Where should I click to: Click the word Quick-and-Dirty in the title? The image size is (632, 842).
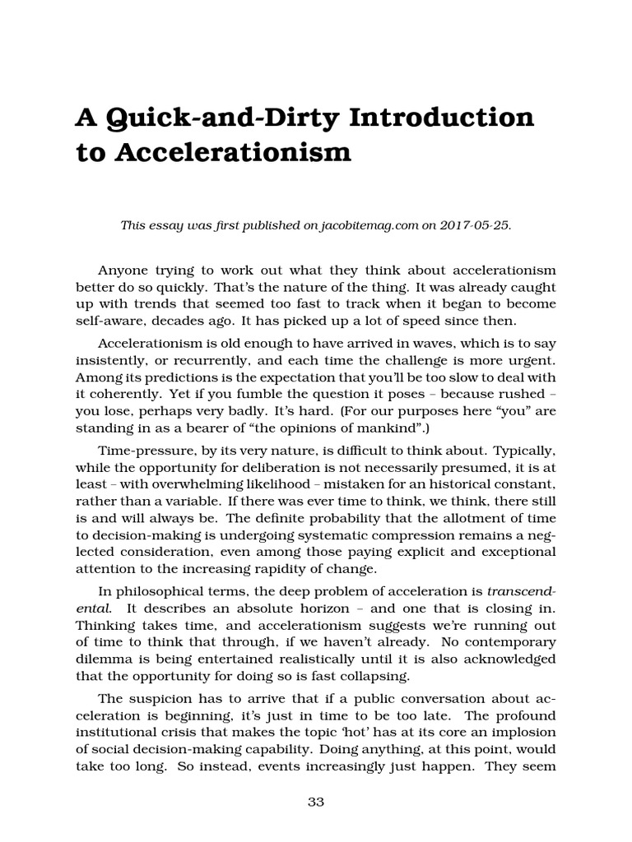(225, 118)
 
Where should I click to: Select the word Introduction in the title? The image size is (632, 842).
(445, 118)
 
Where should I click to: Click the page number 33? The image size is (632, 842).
(315, 803)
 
